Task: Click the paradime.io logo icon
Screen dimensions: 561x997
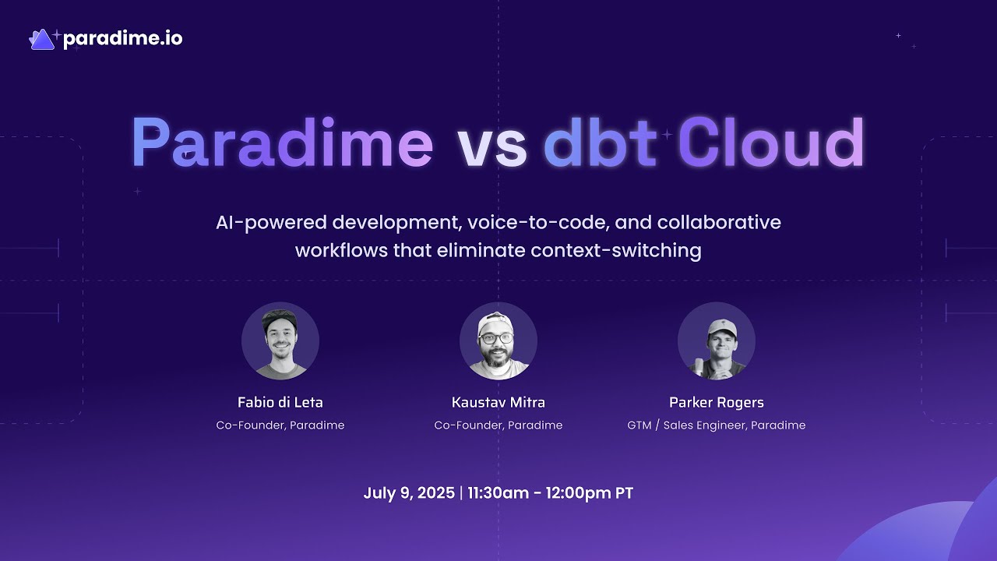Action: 42,39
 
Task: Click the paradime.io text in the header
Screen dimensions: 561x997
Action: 122,39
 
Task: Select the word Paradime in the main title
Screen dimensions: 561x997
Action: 282,143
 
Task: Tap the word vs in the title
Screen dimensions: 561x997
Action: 491,145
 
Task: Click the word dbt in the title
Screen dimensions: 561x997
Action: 599,143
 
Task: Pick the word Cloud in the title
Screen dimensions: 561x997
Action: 770,143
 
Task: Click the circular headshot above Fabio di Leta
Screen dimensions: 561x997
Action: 280,341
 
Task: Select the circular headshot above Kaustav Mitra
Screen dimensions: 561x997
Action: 498,341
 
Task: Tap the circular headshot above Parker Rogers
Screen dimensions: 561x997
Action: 717,341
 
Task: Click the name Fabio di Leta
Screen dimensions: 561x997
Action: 280,403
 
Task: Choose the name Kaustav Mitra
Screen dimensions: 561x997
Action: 498,403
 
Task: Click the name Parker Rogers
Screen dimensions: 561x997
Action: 717,403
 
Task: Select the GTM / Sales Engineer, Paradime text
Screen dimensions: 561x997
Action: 717,425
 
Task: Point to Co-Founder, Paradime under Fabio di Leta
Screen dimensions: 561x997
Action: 280,425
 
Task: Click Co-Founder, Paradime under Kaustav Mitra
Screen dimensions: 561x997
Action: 498,425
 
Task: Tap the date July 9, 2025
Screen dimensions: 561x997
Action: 409,493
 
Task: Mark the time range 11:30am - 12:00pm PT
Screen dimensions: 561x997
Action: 551,493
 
